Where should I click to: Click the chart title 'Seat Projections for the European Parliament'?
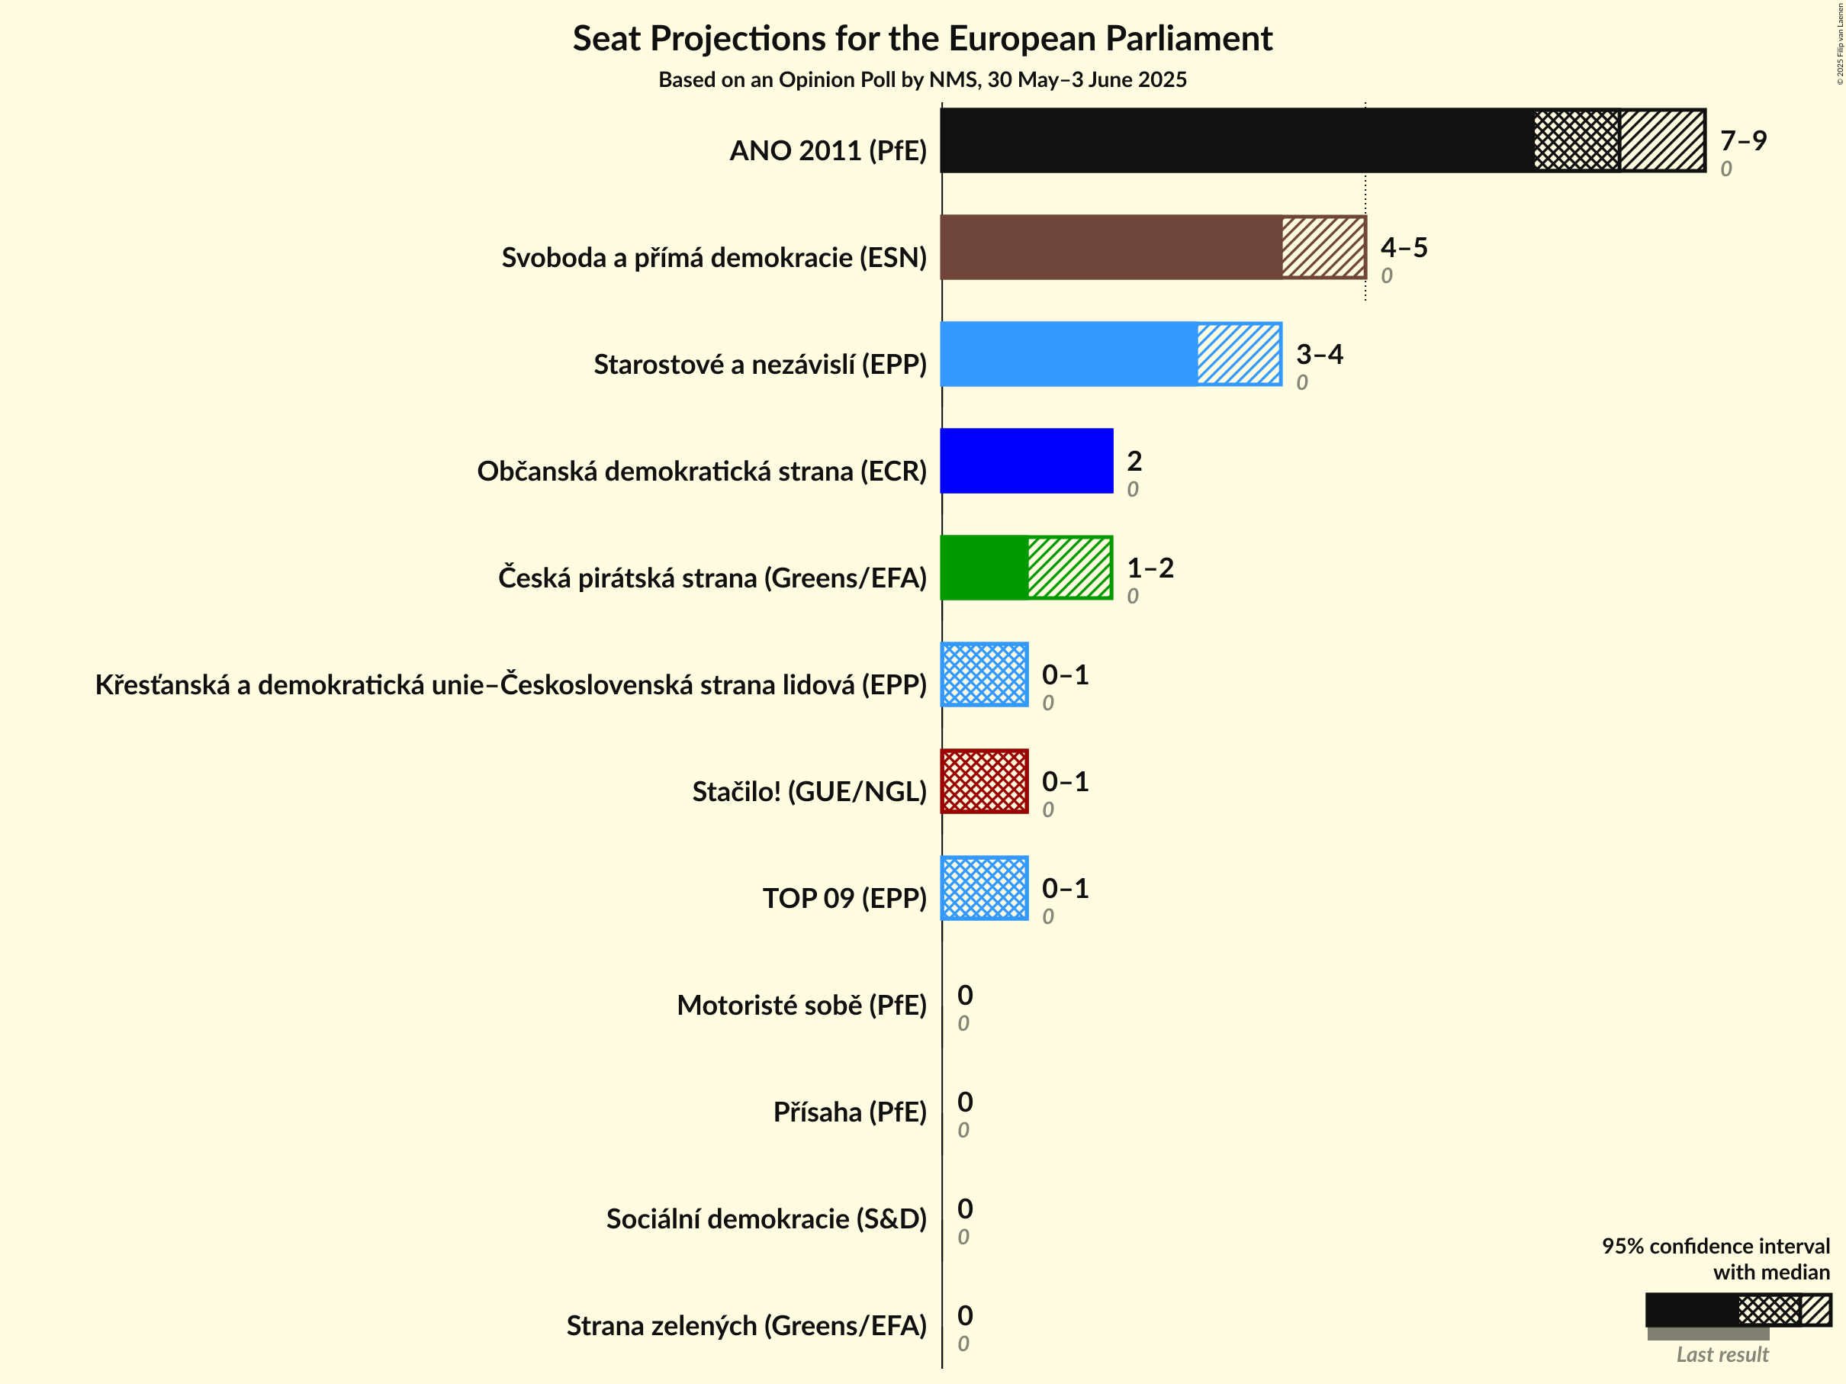pos(922,39)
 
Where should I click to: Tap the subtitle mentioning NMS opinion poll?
pos(922,79)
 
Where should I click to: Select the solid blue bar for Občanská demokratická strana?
pos(1027,461)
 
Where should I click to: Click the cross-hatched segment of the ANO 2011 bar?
pos(1576,140)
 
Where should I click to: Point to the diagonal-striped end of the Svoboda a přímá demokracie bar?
pos(1323,247)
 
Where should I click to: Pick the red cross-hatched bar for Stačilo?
pos(984,781)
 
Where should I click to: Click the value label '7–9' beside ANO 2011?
pos(1742,140)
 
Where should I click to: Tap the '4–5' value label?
pos(1404,247)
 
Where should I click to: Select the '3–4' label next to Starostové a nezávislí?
pos(1320,354)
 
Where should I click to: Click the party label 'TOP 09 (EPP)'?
pos(844,898)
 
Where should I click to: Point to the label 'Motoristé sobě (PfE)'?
pos(801,1005)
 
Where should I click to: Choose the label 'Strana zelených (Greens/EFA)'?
pos(746,1325)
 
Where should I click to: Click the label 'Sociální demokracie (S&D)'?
pos(766,1218)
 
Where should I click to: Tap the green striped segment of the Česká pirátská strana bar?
pos(1070,568)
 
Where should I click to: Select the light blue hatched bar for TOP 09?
pos(984,888)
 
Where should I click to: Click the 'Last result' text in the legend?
pos(1722,1354)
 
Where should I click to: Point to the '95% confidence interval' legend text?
pos(1715,1246)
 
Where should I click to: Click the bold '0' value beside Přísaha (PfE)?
pos(965,1102)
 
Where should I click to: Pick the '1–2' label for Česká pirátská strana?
pos(1150,568)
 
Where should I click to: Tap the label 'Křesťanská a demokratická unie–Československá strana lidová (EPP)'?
pos(511,684)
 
